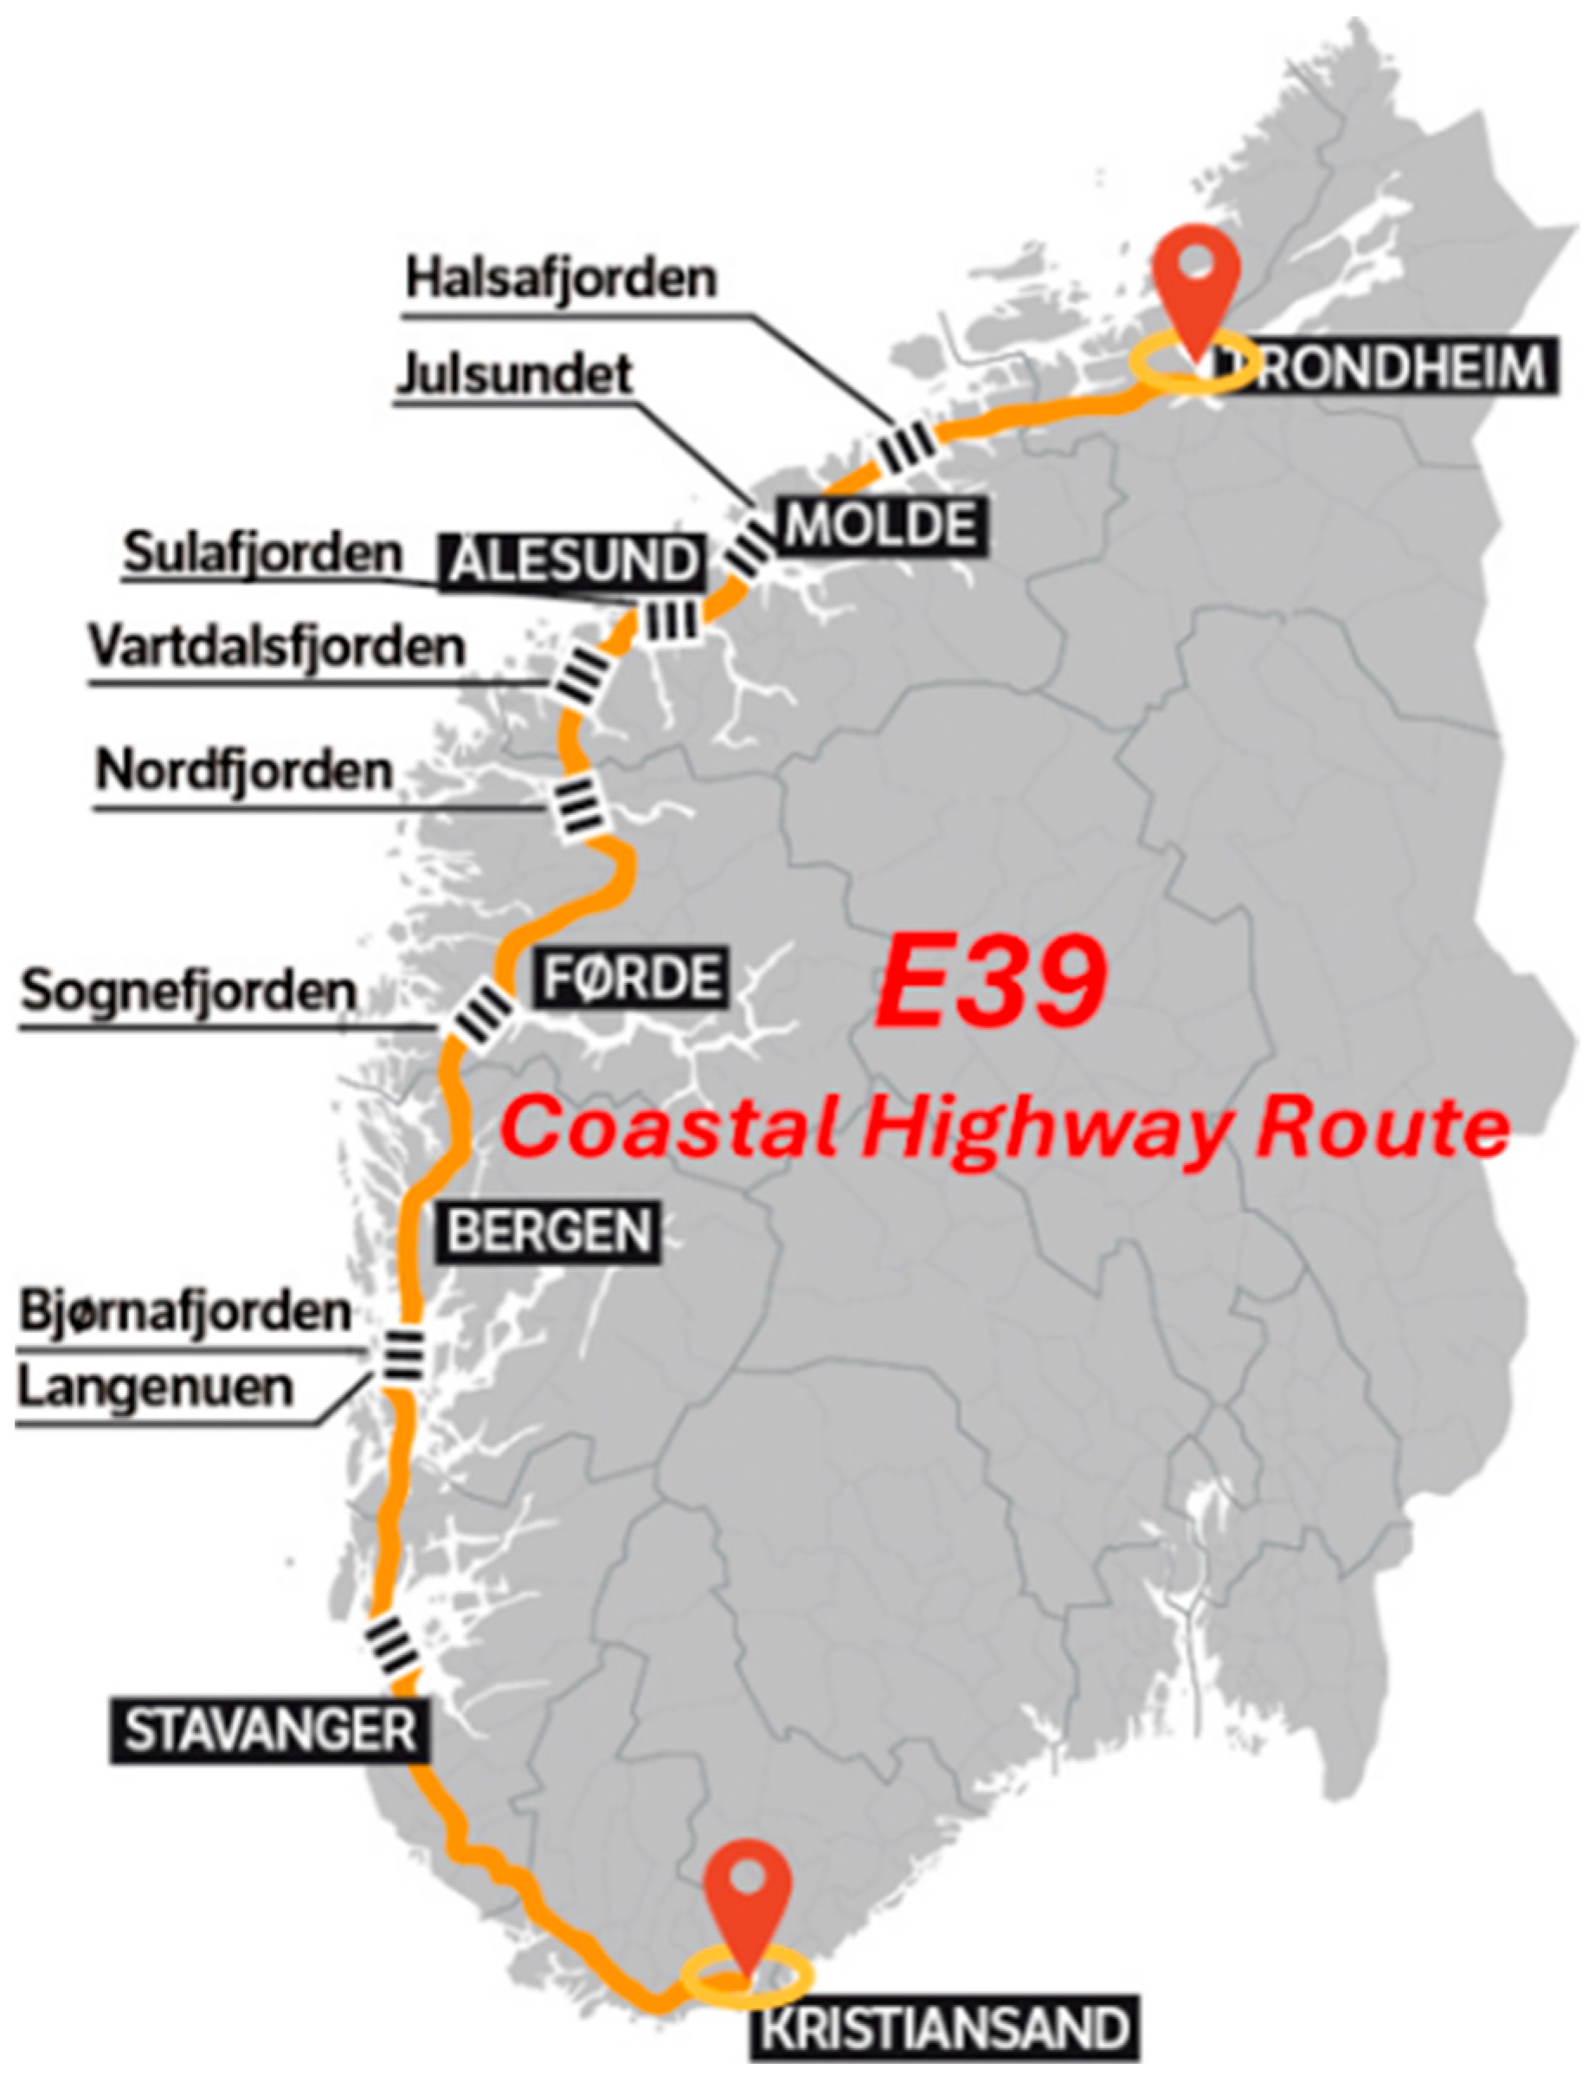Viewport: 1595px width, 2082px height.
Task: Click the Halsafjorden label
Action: pos(560,278)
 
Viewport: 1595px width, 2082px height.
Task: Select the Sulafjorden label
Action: pos(263,553)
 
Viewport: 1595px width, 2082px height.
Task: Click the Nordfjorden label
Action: pos(244,770)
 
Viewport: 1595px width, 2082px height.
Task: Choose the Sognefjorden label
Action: pos(189,991)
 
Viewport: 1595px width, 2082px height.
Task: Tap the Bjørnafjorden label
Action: pos(186,1313)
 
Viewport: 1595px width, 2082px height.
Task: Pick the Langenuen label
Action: pos(157,1387)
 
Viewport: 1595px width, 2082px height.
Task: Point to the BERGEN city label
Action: pos(549,1232)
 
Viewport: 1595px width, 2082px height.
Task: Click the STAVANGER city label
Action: pos(271,1730)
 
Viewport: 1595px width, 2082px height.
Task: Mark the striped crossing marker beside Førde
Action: pos(480,1019)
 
